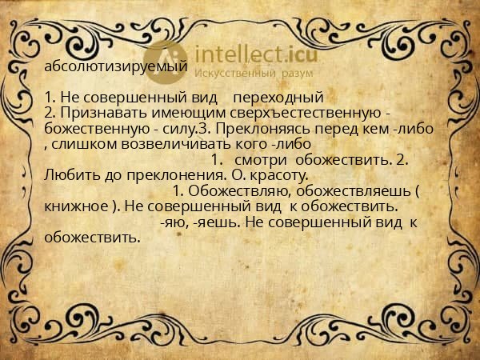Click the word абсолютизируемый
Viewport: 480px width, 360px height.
click(x=116, y=68)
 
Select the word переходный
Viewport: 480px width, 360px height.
click(x=283, y=98)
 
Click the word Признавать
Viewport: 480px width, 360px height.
click(x=101, y=113)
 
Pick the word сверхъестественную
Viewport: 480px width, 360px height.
click(x=314, y=113)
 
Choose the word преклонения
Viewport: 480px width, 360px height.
click(x=168, y=174)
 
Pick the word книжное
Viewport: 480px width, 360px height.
click(x=75, y=206)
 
